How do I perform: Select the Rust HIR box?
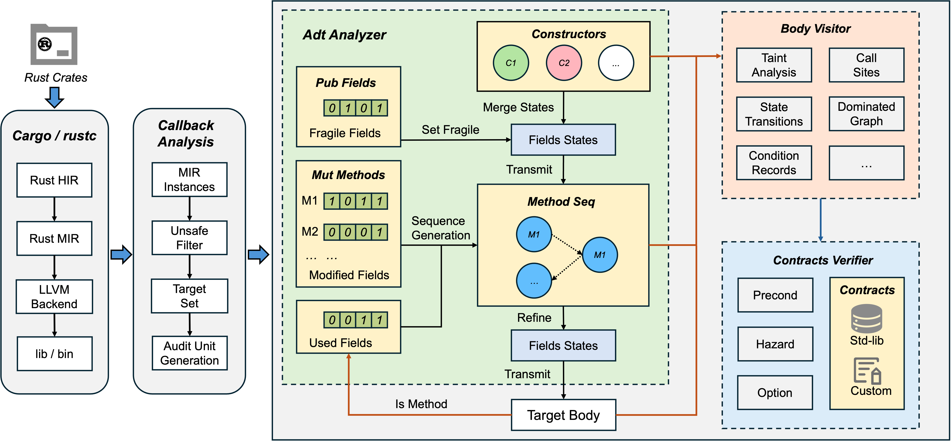[54, 180]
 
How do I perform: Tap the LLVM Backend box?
[54, 297]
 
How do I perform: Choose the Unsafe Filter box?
[189, 238]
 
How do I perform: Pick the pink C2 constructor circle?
[564, 63]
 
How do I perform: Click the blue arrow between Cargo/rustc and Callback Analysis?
[121, 255]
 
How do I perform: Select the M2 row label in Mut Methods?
[309, 232]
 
